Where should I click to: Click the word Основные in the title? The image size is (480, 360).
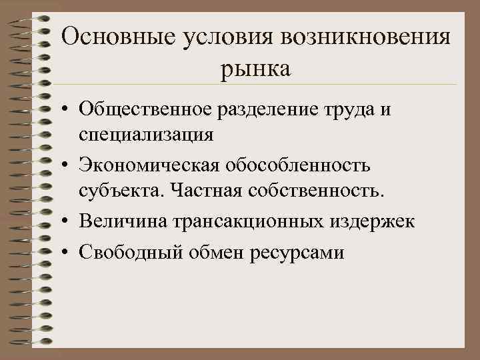107,36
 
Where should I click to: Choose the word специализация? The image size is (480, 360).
146,134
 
